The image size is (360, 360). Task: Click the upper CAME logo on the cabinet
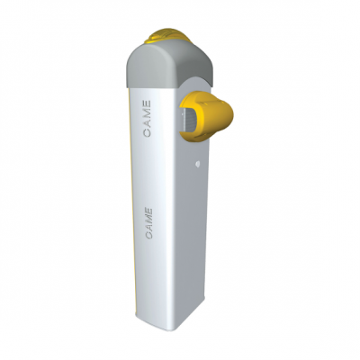click(147, 119)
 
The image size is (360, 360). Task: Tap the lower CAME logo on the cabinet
click(148, 223)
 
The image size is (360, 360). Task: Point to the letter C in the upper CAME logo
click(147, 132)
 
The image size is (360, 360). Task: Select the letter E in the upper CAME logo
click(147, 103)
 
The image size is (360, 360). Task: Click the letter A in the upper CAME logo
click(147, 123)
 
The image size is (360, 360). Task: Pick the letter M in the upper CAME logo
click(147, 113)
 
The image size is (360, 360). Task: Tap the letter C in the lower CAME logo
click(148, 236)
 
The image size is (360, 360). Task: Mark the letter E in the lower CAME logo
click(149, 211)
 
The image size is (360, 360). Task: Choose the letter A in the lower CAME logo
click(148, 228)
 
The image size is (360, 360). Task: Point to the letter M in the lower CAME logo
click(148, 219)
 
